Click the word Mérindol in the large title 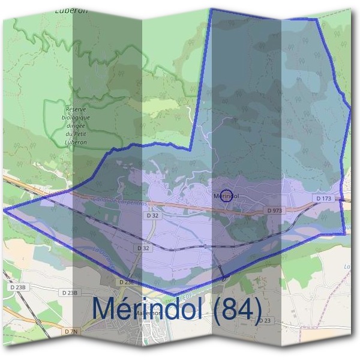pyautogui.click(x=148, y=309)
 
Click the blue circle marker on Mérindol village pyautogui.click(x=226, y=196)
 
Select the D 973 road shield pyautogui.click(x=274, y=211)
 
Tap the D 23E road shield pyautogui.click(x=126, y=281)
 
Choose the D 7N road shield pyautogui.click(x=72, y=331)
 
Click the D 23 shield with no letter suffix pyautogui.click(x=265, y=320)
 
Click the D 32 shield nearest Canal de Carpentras pyautogui.click(x=151, y=214)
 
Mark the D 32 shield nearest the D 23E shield pyautogui.click(x=143, y=247)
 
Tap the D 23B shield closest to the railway pyautogui.click(x=19, y=288)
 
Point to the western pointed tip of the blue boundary pyautogui.click(x=5, y=210)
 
